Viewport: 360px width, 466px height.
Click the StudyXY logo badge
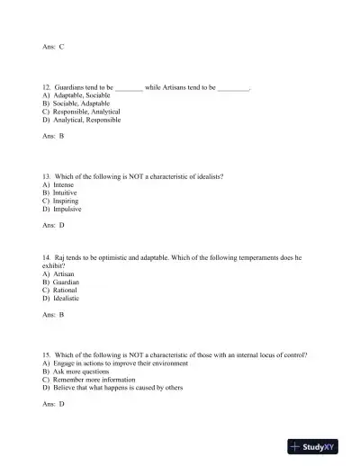(x=319, y=445)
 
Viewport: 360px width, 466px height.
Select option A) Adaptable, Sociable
(x=75, y=95)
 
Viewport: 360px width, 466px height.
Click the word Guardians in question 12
(x=71, y=87)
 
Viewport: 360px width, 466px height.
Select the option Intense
(x=66, y=185)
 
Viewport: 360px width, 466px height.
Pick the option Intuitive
(x=67, y=193)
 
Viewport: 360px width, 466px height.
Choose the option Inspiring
(x=67, y=202)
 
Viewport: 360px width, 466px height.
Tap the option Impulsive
(x=68, y=210)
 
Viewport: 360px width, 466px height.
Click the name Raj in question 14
(x=60, y=258)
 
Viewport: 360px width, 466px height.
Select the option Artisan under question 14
(x=66, y=274)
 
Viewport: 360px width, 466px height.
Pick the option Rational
(x=67, y=291)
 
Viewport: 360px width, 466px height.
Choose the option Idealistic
(x=68, y=299)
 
